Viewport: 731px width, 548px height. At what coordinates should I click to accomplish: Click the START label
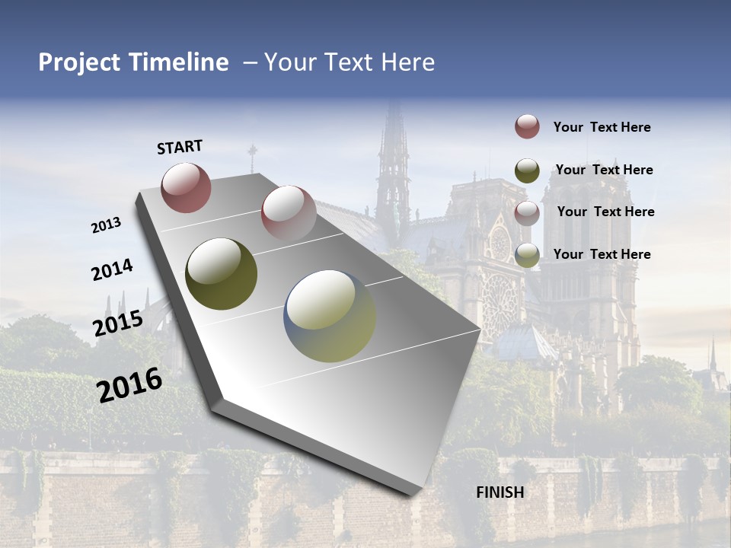point(180,147)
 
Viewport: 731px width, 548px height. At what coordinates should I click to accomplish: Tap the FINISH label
point(500,492)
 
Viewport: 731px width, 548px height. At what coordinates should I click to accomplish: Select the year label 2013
point(107,225)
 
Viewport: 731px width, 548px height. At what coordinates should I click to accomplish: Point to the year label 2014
point(112,269)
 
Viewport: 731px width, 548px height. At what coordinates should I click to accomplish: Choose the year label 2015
point(118,323)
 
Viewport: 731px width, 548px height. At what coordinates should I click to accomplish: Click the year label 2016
point(129,384)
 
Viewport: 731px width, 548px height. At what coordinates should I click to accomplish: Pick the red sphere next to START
point(186,187)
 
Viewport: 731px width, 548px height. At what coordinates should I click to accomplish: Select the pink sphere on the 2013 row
point(289,212)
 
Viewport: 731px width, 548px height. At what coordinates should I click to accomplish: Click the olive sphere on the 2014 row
point(222,274)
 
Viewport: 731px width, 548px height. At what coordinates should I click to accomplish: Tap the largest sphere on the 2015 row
point(330,316)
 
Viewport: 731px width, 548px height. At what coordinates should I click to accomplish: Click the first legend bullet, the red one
point(527,126)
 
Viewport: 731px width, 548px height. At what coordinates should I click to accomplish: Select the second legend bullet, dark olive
point(527,170)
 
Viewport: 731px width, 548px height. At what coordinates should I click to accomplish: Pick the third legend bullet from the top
point(527,213)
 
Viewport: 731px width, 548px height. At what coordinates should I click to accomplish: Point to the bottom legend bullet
point(527,256)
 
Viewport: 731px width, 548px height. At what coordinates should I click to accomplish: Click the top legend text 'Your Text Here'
point(602,127)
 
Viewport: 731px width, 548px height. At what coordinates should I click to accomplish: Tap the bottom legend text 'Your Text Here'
point(602,254)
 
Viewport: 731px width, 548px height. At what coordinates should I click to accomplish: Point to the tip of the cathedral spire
point(394,102)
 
